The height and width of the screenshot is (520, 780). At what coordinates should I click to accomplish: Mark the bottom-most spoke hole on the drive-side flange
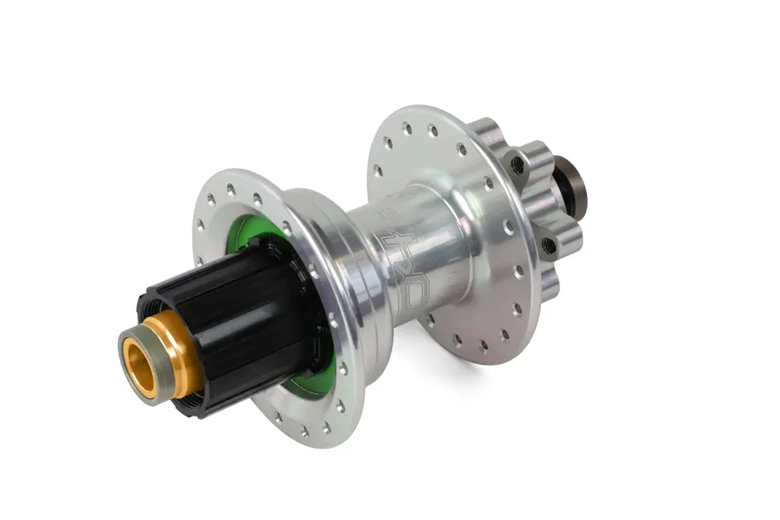click(x=304, y=430)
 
